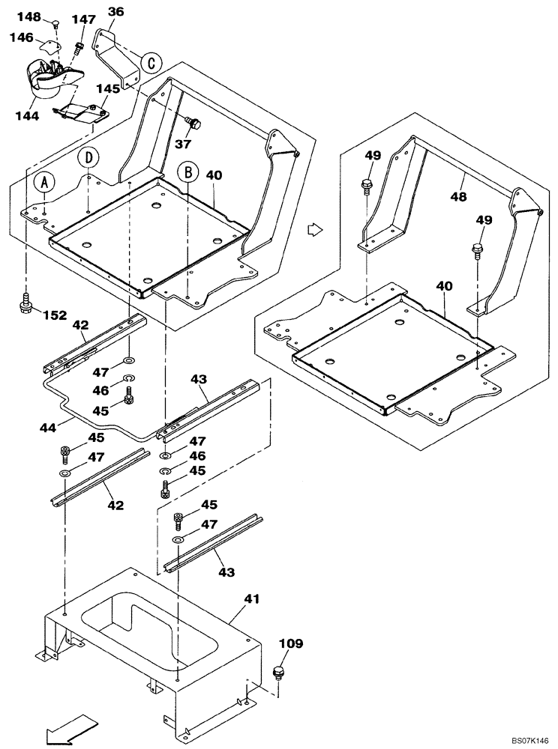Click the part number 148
point(29,16)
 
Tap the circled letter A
point(45,182)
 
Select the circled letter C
point(151,62)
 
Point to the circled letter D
point(88,158)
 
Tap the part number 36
point(115,11)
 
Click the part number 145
point(108,88)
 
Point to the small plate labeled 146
point(50,46)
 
